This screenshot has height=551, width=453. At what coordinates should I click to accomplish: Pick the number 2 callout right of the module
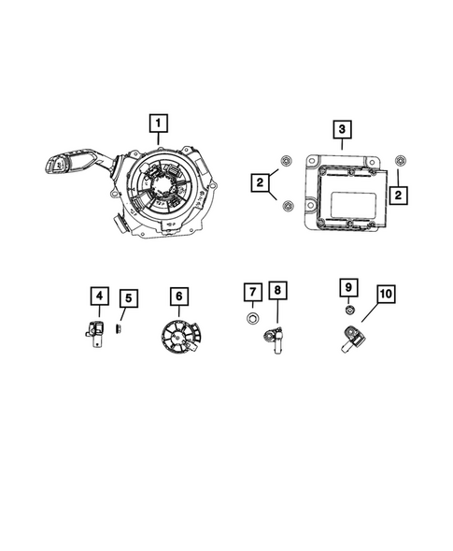(x=399, y=195)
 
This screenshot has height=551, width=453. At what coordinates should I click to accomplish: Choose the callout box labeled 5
(x=129, y=300)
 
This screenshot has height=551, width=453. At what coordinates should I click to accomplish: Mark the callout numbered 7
(x=252, y=292)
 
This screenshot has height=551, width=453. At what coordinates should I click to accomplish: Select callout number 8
(x=277, y=292)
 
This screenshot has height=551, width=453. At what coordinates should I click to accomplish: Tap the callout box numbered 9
(x=347, y=286)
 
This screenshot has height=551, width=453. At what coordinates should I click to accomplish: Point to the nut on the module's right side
(x=401, y=160)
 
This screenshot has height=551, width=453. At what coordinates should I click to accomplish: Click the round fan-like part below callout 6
(x=177, y=338)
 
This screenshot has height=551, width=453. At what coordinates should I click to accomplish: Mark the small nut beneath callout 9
(x=347, y=310)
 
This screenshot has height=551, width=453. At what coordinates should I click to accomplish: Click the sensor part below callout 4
(x=95, y=330)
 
